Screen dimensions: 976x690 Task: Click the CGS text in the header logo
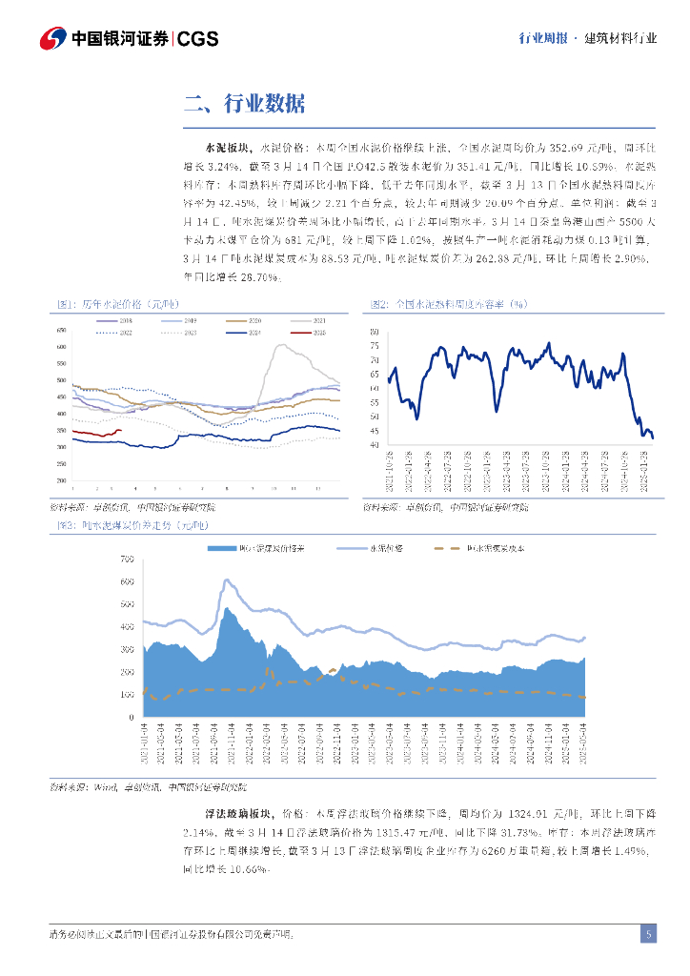pos(198,38)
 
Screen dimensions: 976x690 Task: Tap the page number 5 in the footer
pos(648,934)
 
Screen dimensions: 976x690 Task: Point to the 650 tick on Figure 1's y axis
pos(62,330)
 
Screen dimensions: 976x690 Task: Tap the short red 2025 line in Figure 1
pos(98,434)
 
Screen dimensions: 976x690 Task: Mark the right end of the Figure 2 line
pos(653,437)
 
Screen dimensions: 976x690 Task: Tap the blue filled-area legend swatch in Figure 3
pos(221,548)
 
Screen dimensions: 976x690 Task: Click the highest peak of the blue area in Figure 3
pos(226,607)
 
